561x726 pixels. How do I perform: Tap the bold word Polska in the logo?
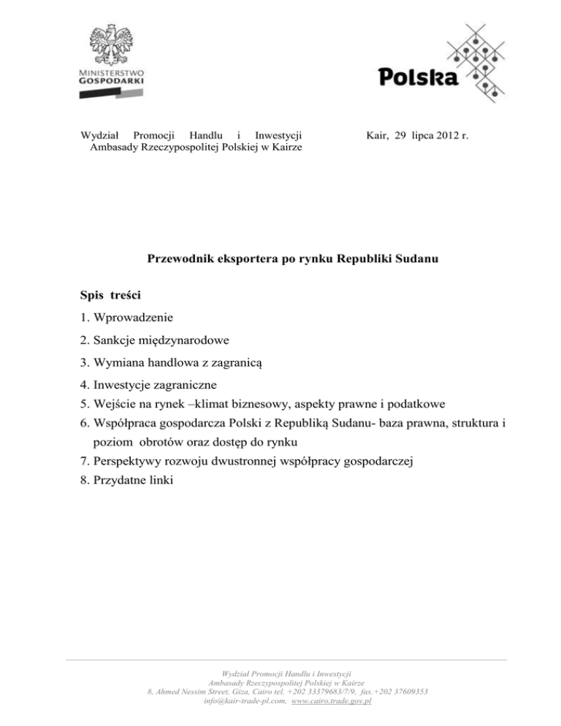tap(419, 75)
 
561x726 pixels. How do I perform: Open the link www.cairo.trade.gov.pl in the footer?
tap(332, 700)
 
